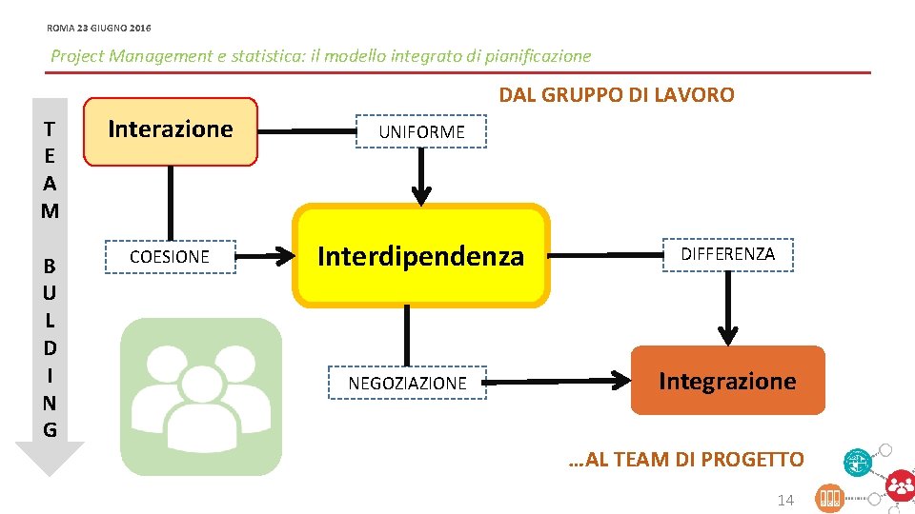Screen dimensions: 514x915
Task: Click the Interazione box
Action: [171, 131]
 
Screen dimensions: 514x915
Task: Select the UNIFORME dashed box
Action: [421, 132]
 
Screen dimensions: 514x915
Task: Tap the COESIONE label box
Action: [170, 257]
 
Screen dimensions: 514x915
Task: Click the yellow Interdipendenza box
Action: [420, 256]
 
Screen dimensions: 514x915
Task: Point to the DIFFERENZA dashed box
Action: [727, 254]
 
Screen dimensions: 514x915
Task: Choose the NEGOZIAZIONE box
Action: [407, 383]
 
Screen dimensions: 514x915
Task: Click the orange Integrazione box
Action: [727, 381]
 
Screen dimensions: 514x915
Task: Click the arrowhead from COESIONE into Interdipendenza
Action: [283, 256]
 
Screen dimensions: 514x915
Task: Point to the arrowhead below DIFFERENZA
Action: [727, 334]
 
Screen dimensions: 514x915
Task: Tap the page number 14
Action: [785, 500]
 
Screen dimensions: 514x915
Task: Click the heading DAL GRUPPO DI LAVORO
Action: [617, 95]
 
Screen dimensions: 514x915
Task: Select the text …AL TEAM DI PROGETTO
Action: [685, 460]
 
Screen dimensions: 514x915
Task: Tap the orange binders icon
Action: [829, 497]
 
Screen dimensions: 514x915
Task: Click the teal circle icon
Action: [858, 463]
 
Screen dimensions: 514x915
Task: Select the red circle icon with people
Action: [900, 485]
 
